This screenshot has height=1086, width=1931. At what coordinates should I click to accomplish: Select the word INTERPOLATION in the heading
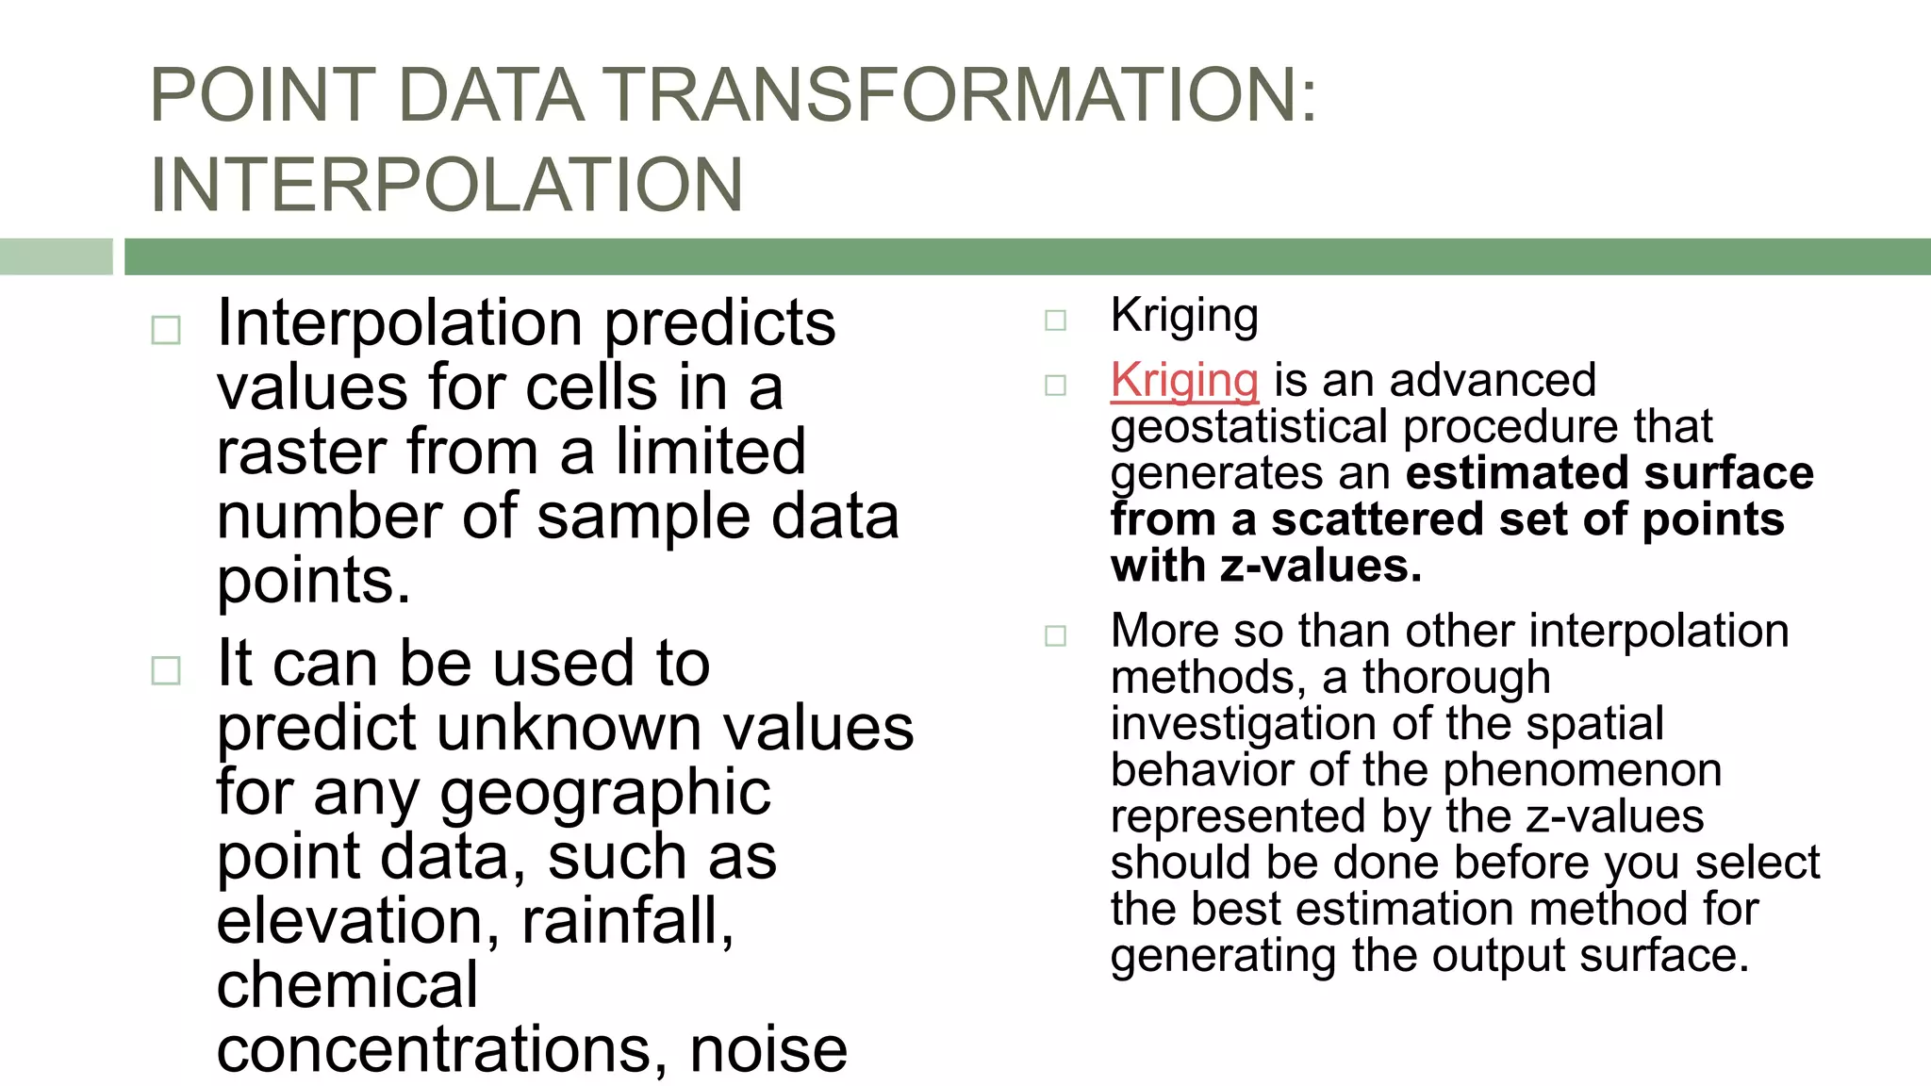(447, 185)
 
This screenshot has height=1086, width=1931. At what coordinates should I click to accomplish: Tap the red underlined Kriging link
(1184, 381)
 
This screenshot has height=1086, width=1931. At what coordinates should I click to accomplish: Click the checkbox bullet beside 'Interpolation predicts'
(166, 330)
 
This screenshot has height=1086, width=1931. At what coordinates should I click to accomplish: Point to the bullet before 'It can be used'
(166, 670)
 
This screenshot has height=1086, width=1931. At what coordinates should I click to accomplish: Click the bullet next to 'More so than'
(1055, 635)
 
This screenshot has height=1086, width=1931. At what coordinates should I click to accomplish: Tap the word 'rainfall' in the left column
(626, 921)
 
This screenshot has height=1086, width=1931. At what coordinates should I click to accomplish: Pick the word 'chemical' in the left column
(347, 985)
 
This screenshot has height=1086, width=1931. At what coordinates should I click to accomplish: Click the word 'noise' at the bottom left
(767, 1049)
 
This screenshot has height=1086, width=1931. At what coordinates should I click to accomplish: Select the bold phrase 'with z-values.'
(1265, 567)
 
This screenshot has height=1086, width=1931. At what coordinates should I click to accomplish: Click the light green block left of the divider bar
(56, 256)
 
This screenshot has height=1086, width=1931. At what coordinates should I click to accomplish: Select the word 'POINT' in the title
(263, 95)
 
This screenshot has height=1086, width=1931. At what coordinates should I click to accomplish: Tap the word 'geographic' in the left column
(605, 793)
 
